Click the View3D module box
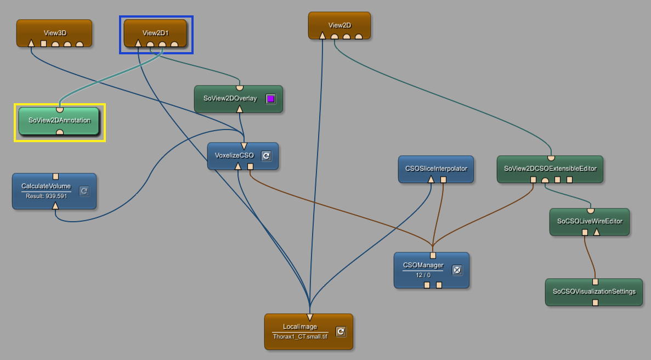click(x=54, y=32)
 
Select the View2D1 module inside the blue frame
click(x=156, y=32)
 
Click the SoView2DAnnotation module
click(x=59, y=120)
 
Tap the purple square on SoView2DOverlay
click(x=270, y=99)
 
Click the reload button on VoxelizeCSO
click(x=266, y=156)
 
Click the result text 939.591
click(x=46, y=196)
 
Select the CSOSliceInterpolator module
click(x=435, y=168)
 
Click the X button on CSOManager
click(x=457, y=269)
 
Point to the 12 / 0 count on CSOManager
click(x=423, y=275)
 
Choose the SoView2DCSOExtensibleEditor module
click(x=550, y=168)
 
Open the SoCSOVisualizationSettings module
click(x=593, y=291)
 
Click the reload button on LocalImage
click(x=341, y=331)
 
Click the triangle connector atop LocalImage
click(x=310, y=317)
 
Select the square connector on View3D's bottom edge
click(x=43, y=44)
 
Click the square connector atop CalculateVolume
click(x=55, y=176)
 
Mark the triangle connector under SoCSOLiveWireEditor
click(x=597, y=232)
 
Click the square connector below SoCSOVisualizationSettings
click(x=595, y=302)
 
